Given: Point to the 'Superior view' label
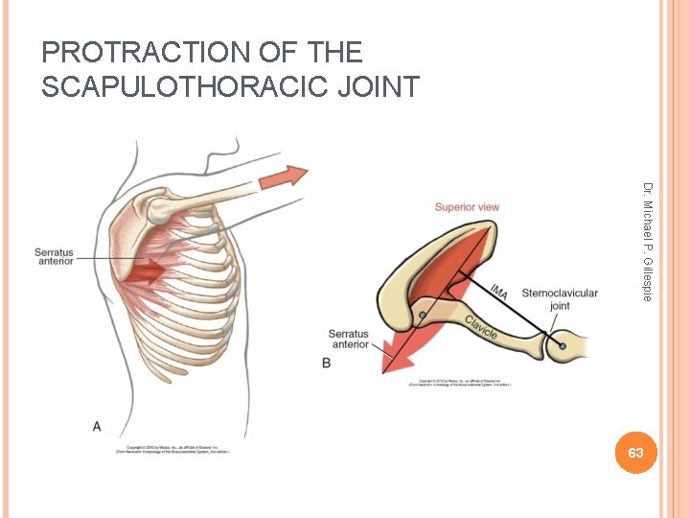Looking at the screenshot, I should pyautogui.click(x=467, y=207).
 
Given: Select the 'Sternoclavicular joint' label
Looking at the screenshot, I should pyautogui.click(x=560, y=299).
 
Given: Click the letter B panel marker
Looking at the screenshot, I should pyautogui.click(x=327, y=364).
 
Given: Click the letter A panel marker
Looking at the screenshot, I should pyautogui.click(x=96, y=424).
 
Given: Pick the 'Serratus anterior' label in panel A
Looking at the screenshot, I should pyautogui.click(x=54, y=257).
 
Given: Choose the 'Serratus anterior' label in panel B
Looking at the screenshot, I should pyautogui.click(x=349, y=340).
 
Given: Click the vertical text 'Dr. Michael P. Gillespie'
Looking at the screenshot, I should pyautogui.click(x=648, y=241).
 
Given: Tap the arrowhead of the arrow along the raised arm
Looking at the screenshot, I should pyautogui.click(x=296, y=175).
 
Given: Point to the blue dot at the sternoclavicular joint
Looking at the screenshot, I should pyautogui.click(x=563, y=344).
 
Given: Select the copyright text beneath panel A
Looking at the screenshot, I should pyautogui.click(x=178, y=449).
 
